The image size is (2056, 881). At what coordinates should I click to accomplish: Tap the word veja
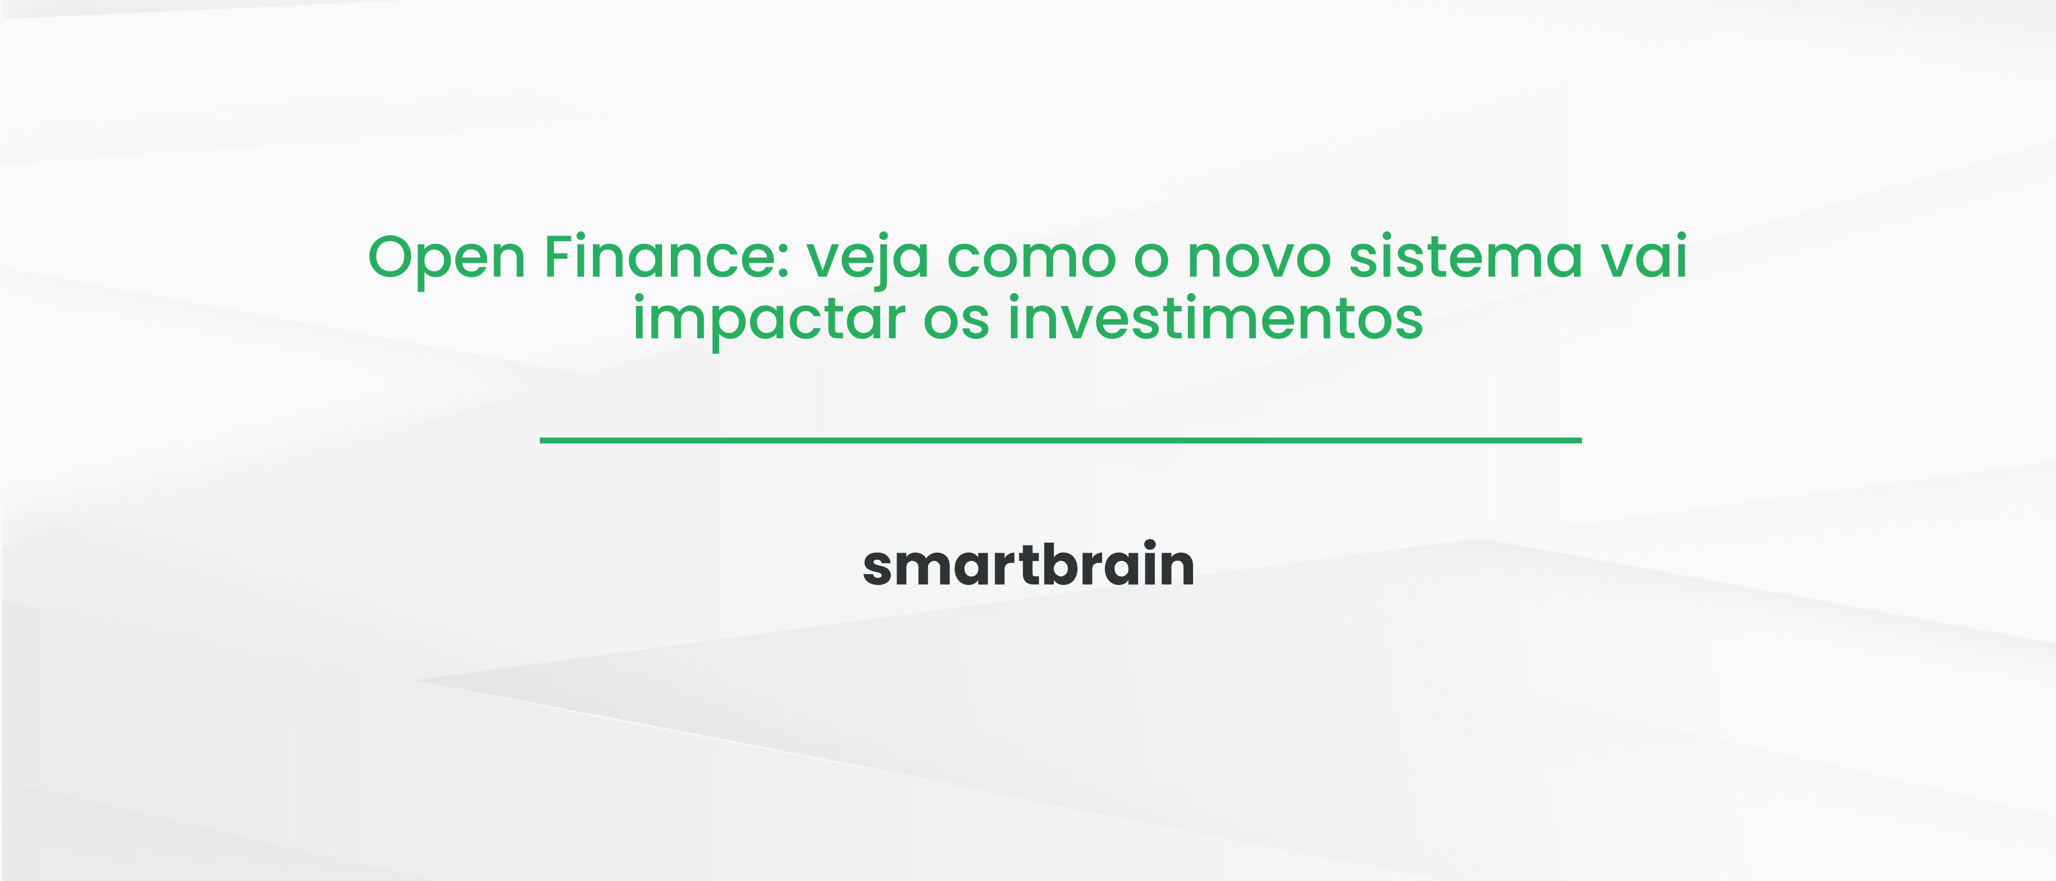(868, 258)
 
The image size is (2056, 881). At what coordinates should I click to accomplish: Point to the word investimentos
(1215, 318)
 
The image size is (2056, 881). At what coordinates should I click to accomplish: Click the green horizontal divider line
(1060, 440)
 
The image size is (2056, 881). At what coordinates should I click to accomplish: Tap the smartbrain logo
(1028, 564)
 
